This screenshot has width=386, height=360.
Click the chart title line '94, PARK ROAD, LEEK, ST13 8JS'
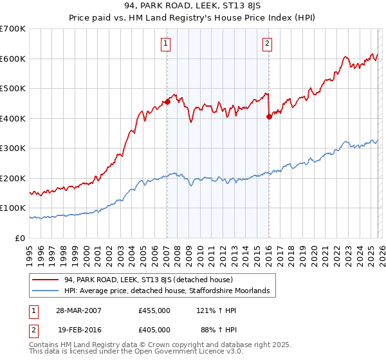(x=193, y=7)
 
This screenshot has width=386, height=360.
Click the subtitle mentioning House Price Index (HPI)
(x=193, y=19)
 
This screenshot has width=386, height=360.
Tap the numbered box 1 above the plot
(x=166, y=44)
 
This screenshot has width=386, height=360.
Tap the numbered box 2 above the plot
(x=266, y=44)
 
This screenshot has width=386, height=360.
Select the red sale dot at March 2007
(x=167, y=102)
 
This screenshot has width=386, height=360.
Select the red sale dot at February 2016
(x=268, y=116)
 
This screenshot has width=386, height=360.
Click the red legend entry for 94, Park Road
(x=152, y=280)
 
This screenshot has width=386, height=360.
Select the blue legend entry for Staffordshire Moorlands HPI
(x=170, y=291)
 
